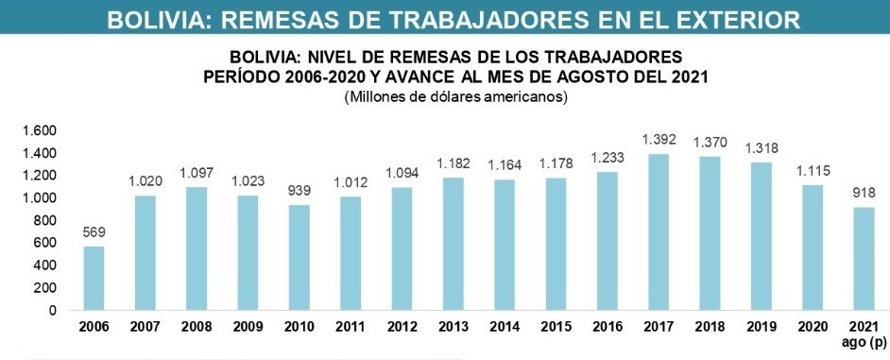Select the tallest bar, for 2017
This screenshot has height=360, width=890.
659,231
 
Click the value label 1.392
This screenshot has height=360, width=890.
659,140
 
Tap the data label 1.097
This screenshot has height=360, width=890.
197,173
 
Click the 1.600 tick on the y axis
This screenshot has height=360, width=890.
40,130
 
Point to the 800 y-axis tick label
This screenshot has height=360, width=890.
45,220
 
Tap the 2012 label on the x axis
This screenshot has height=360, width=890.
402,327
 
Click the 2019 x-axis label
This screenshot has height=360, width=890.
761,327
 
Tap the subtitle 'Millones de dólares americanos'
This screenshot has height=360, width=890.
455,97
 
